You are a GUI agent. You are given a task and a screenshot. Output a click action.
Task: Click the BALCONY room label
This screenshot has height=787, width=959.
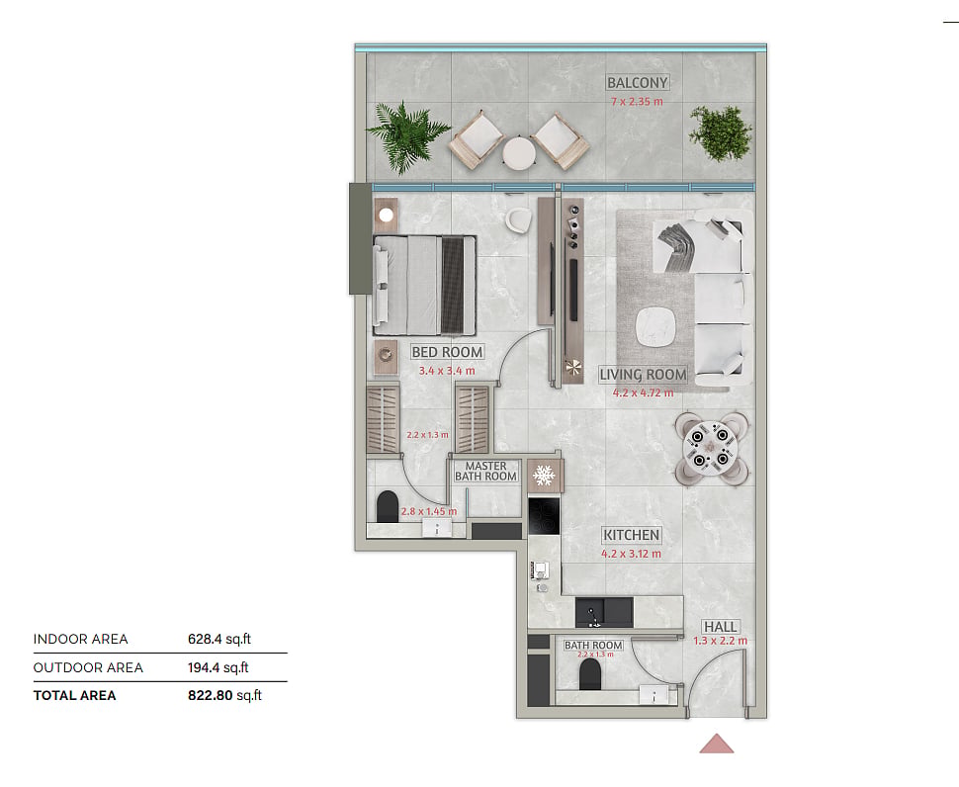point(637,82)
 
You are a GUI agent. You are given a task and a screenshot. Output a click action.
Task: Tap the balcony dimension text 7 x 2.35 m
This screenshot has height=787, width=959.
point(637,102)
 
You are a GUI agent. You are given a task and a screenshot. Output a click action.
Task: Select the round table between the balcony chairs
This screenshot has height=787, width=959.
point(519,153)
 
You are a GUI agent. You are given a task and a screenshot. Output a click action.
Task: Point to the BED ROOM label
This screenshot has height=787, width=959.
point(447,352)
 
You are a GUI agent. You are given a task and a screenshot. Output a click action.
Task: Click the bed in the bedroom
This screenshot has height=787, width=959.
point(424,286)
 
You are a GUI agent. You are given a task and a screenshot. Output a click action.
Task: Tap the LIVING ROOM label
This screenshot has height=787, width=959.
point(643,375)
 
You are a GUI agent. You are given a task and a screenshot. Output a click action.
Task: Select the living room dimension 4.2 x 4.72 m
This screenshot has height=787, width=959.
point(643,393)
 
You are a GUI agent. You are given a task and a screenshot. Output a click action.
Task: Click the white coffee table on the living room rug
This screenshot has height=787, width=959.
point(656,326)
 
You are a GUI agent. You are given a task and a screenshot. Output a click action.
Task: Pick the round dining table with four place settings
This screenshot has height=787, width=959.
point(710,449)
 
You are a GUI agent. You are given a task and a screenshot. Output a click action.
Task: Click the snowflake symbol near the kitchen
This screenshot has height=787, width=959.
point(543,476)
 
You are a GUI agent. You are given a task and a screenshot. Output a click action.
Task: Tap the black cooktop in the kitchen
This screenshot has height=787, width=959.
point(544,516)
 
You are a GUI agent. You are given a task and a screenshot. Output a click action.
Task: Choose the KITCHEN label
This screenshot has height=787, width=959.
point(631,535)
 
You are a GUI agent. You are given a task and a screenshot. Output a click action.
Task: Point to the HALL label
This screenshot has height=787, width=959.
point(720,627)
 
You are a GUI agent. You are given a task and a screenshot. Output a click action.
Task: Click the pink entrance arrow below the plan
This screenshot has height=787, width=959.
point(717,743)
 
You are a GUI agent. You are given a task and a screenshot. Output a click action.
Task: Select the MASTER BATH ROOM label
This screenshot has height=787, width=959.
point(486,471)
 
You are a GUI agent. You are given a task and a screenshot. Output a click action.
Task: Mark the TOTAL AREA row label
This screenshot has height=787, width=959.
point(74,695)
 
